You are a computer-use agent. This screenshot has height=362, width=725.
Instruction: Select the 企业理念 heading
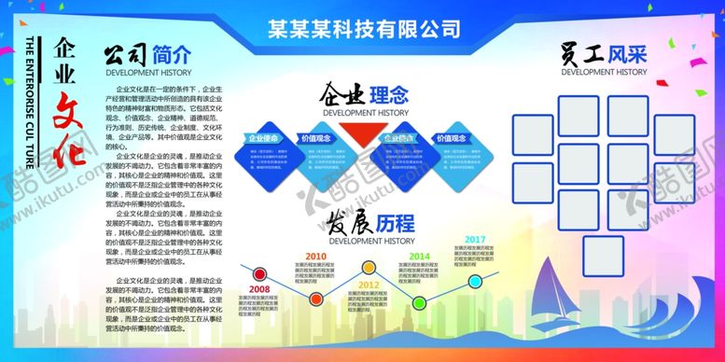coord(365,95)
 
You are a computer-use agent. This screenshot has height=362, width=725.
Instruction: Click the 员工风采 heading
coord(604,53)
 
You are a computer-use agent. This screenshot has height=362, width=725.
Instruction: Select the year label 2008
coord(260,289)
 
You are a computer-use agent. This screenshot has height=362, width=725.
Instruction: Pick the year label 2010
coord(315,256)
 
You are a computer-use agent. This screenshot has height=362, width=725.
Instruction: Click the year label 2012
coord(368,284)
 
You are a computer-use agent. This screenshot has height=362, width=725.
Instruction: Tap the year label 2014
coord(419,256)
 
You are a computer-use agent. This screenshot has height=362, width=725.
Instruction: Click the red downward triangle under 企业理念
coord(358,134)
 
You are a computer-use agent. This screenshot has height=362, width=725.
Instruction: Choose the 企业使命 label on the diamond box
coord(265,138)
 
